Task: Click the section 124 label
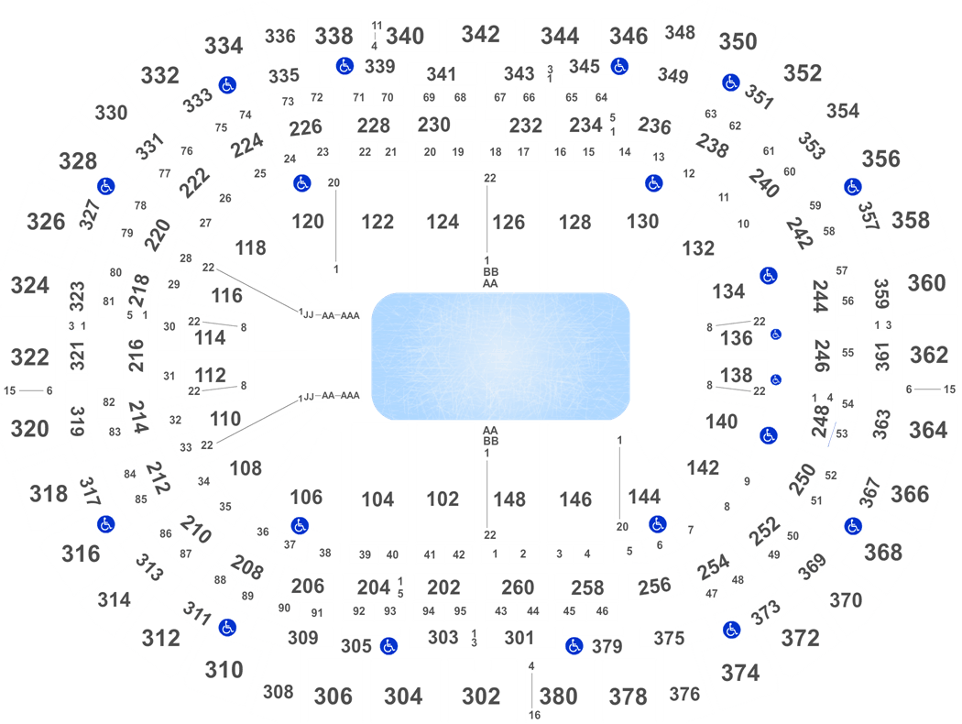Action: pyautogui.click(x=443, y=222)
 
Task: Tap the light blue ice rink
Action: pyautogui.click(x=500, y=356)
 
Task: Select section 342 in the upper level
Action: pyautogui.click(x=480, y=34)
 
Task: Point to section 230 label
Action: pyautogui.click(x=433, y=125)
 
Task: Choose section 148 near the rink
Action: pyautogui.click(x=509, y=499)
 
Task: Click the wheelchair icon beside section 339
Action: pyautogui.click(x=344, y=66)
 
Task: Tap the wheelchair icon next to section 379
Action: pyautogui.click(x=574, y=645)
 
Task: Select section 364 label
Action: pyautogui.click(x=927, y=430)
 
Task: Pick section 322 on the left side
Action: pyautogui.click(x=29, y=357)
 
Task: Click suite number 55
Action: pyautogui.click(x=847, y=353)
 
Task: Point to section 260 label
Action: pyautogui.click(x=518, y=587)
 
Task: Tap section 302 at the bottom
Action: pyautogui.click(x=480, y=697)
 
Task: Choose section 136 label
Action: pyautogui.click(x=736, y=337)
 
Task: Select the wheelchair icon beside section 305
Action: pyautogui.click(x=388, y=645)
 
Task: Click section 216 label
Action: pyautogui.click(x=136, y=356)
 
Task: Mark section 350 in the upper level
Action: pyautogui.click(x=738, y=42)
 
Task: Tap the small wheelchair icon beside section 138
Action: pyautogui.click(x=776, y=379)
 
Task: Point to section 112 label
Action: pyautogui.click(x=210, y=375)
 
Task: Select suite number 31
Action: pyautogui.click(x=169, y=376)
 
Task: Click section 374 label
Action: pyautogui.click(x=740, y=673)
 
